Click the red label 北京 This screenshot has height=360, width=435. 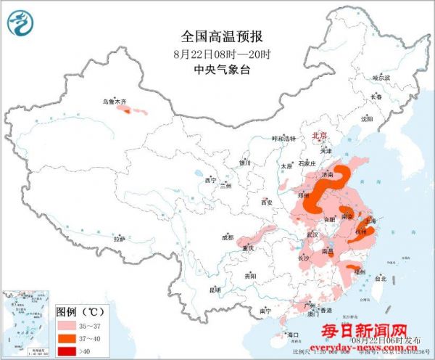tap(319, 136)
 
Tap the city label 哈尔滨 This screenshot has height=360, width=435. tap(381, 77)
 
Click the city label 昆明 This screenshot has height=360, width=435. tap(215, 290)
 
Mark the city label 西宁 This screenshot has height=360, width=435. tap(211, 179)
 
